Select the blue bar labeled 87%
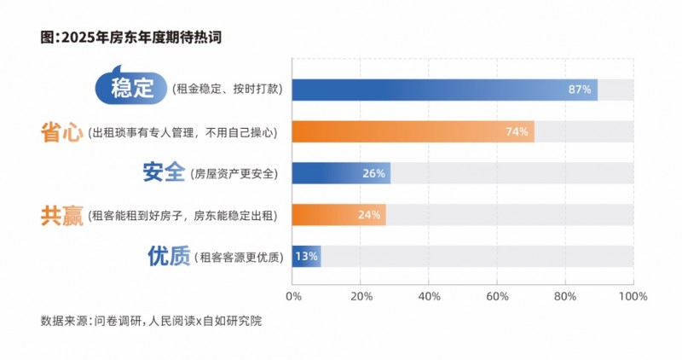(443, 90)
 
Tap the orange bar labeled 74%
(413, 131)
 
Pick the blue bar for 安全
(341, 173)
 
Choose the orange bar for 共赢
(338, 214)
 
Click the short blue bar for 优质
(305, 256)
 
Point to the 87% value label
(580, 90)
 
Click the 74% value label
(517, 131)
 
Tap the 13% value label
(306, 256)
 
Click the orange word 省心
(61, 131)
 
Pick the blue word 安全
(164, 173)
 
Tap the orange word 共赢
(61, 215)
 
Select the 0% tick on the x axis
(293, 296)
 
